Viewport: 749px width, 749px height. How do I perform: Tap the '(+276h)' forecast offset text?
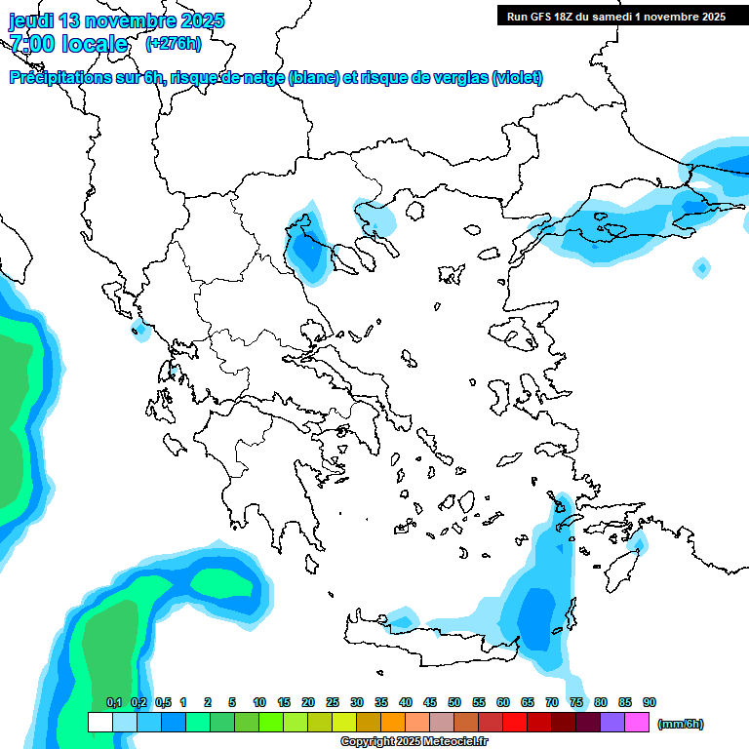(x=173, y=43)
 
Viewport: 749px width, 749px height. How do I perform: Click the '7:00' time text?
(x=32, y=44)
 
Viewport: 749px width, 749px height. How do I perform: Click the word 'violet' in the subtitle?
(x=516, y=78)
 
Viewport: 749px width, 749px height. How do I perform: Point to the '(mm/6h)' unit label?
(x=680, y=724)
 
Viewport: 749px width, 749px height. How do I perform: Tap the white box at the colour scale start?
(x=99, y=723)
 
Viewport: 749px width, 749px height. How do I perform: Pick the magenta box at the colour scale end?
(x=637, y=723)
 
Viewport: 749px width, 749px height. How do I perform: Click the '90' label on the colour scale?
(x=650, y=702)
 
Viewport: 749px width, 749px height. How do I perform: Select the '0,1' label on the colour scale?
(x=113, y=702)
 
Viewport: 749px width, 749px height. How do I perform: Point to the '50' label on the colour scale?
(x=454, y=702)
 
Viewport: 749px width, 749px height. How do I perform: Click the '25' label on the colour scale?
(x=333, y=702)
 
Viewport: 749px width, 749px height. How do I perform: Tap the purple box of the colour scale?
(x=612, y=723)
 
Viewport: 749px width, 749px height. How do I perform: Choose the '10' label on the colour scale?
(x=259, y=702)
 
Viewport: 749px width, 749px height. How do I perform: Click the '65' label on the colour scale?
(x=528, y=702)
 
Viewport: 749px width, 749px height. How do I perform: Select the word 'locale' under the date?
(x=95, y=44)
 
